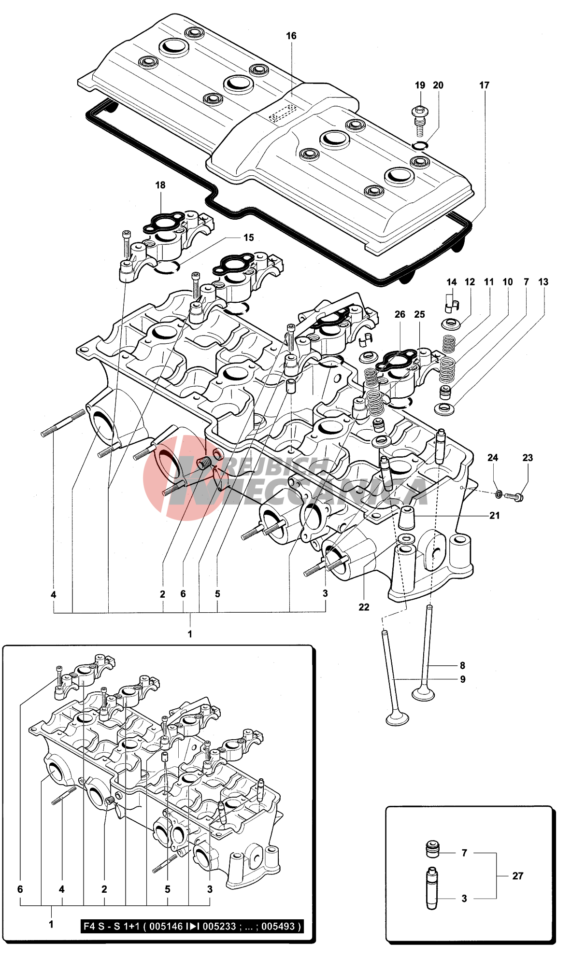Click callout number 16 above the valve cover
[x=291, y=36]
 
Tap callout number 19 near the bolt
[x=420, y=85]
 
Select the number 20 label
[x=438, y=85]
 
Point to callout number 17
[x=484, y=85]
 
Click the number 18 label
[x=160, y=185]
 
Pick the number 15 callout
[x=248, y=238]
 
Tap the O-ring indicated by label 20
[x=421, y=146]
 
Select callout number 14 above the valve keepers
[x=451, y=282]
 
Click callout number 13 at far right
[x=543, y=282]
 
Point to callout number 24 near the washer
[x=492, y=458]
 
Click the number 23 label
[x=528, y=458]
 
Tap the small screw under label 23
[x=514, y=496]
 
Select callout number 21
[x=494, y=516]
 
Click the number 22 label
[x=364, y=607]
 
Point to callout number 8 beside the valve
[x=462, y=665]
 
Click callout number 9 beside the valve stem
[x=462, y=679]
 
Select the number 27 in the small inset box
[x=517, y=876]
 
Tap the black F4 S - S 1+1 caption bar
[x=192, y=926]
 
